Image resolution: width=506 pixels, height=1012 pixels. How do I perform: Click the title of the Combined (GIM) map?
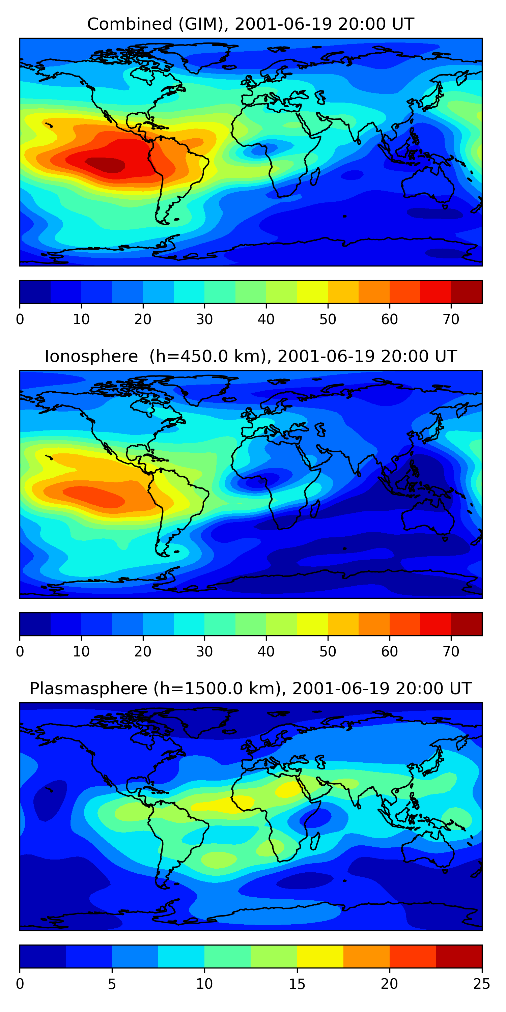(251, 24)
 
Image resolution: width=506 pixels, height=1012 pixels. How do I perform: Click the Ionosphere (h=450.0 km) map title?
(251, 356)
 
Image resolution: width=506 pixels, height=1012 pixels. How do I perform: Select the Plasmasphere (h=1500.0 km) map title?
(251, 689)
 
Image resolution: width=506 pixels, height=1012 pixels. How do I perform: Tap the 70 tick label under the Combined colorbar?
(451, 319)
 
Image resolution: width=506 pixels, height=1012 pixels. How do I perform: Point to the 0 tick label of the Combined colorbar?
(20, 319)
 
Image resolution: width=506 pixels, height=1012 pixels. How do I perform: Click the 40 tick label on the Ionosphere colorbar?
(266, 652)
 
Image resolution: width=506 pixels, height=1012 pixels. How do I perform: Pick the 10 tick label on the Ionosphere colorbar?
(81, 652)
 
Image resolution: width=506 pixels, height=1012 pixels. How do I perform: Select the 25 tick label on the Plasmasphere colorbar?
(482, 984)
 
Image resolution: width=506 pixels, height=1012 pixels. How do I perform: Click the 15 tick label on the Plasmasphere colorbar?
(297, 984)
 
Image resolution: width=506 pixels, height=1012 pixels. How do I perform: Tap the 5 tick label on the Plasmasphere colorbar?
(112, 984)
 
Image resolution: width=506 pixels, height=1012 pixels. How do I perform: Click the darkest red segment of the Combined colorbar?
(466, 292)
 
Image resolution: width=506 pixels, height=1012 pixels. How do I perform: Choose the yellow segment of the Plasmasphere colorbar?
(320, 957)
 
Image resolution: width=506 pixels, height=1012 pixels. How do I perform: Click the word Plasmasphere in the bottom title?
(88, 689)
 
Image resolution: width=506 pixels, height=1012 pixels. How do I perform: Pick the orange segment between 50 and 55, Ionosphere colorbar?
(343, 624)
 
